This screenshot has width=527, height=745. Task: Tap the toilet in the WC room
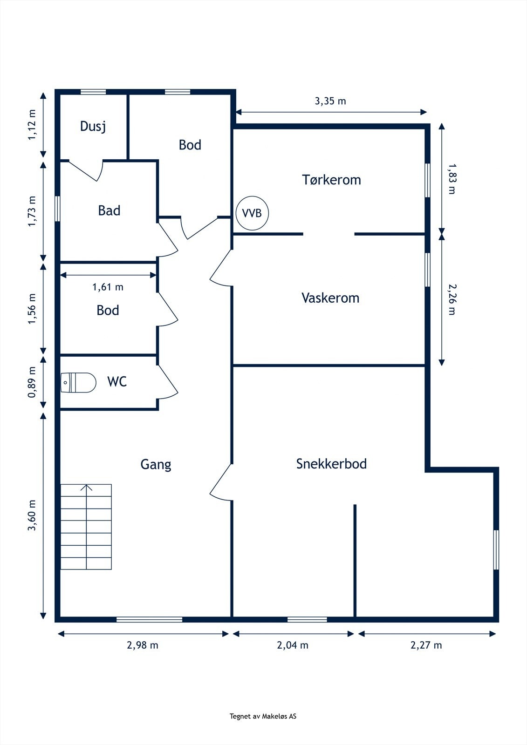(x=78, y=382)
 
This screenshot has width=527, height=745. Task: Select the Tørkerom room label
(x=331, y=180)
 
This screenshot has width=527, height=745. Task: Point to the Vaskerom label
(x=330, y=298)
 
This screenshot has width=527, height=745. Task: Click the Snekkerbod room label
(x=331, y=464)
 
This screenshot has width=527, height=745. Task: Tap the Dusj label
(x=93, y=126)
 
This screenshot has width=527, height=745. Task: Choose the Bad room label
(x=109, y=210)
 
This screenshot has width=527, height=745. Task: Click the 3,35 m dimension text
(x=330, y=101)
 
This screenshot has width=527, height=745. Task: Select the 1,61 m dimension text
(x=108, y=287)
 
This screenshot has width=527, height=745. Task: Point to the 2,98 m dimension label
(x=143, y=645)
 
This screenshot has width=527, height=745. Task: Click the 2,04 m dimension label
(x=293, y=645)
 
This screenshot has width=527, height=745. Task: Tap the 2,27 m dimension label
(x=426, y=645)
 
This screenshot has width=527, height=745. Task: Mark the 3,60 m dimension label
(x=32, y=515)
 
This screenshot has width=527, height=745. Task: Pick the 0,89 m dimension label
(x=32, y=382)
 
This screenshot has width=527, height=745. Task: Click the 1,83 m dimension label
(x=452, y=179)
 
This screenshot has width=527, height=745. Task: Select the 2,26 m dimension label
(x=452, y=299)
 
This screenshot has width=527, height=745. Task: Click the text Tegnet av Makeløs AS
(x=263, y=716)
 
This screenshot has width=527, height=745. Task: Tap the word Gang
(x=156, y=464)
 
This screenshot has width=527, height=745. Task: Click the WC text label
(x=117, y=381)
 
